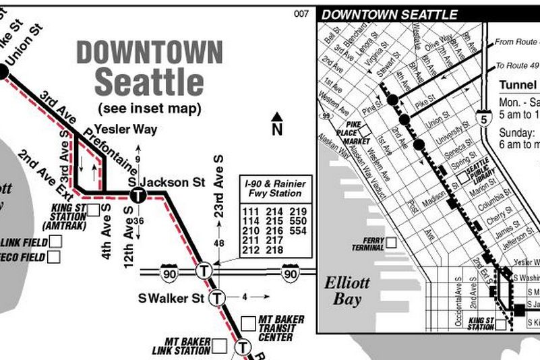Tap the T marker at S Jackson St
click(138, 196)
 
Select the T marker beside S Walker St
click(216, 297)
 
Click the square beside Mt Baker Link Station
click(219, 347)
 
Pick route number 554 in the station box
click(297, 231)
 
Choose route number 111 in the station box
click(250, 212)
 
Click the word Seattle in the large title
click(149, 82)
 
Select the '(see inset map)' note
click(149, 108)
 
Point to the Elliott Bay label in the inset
click(347, 291)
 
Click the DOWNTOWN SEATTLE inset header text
click(390, 14)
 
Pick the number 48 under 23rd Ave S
click(218, 243)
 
